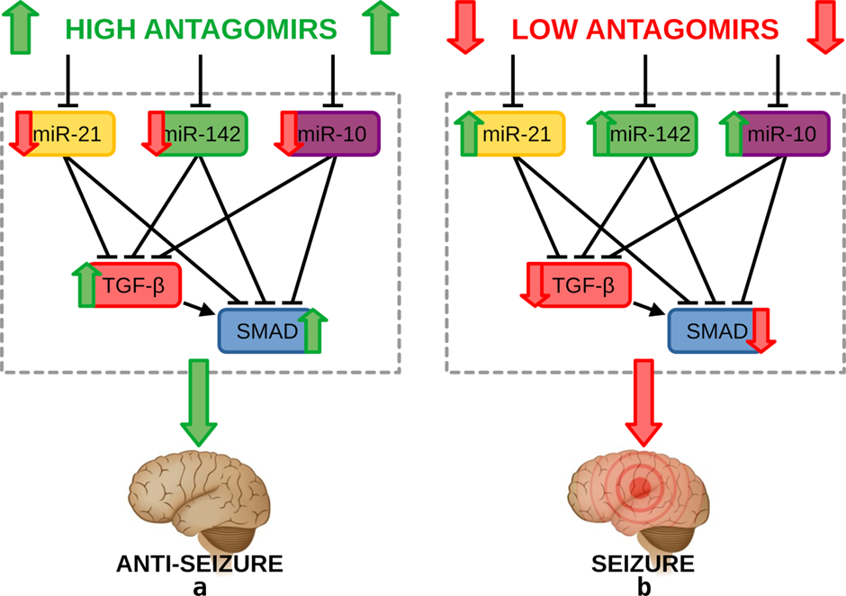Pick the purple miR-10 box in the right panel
coord(778,134)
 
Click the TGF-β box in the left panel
coord(137,285)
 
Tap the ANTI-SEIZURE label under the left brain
coord(200,564)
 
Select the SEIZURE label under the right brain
coord(642,564)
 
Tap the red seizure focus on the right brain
coord(640,489)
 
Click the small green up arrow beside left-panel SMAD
coord(311,331)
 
